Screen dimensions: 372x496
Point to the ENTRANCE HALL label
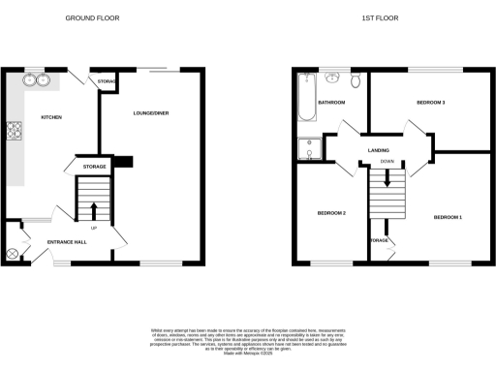pos(68,242)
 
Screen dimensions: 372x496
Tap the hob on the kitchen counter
pos(15,131)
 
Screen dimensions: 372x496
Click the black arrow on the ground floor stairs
pos(94,210)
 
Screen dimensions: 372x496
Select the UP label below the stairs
pos(93,229)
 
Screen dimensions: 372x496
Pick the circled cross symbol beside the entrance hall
pos(13,254)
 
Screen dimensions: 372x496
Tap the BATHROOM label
pos(332,102)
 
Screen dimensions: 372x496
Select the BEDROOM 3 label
pos(430,102)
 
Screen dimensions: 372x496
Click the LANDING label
pos(379,149)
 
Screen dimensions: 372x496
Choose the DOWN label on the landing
pos(387,161)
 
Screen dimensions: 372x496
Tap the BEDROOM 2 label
pos(331,214)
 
